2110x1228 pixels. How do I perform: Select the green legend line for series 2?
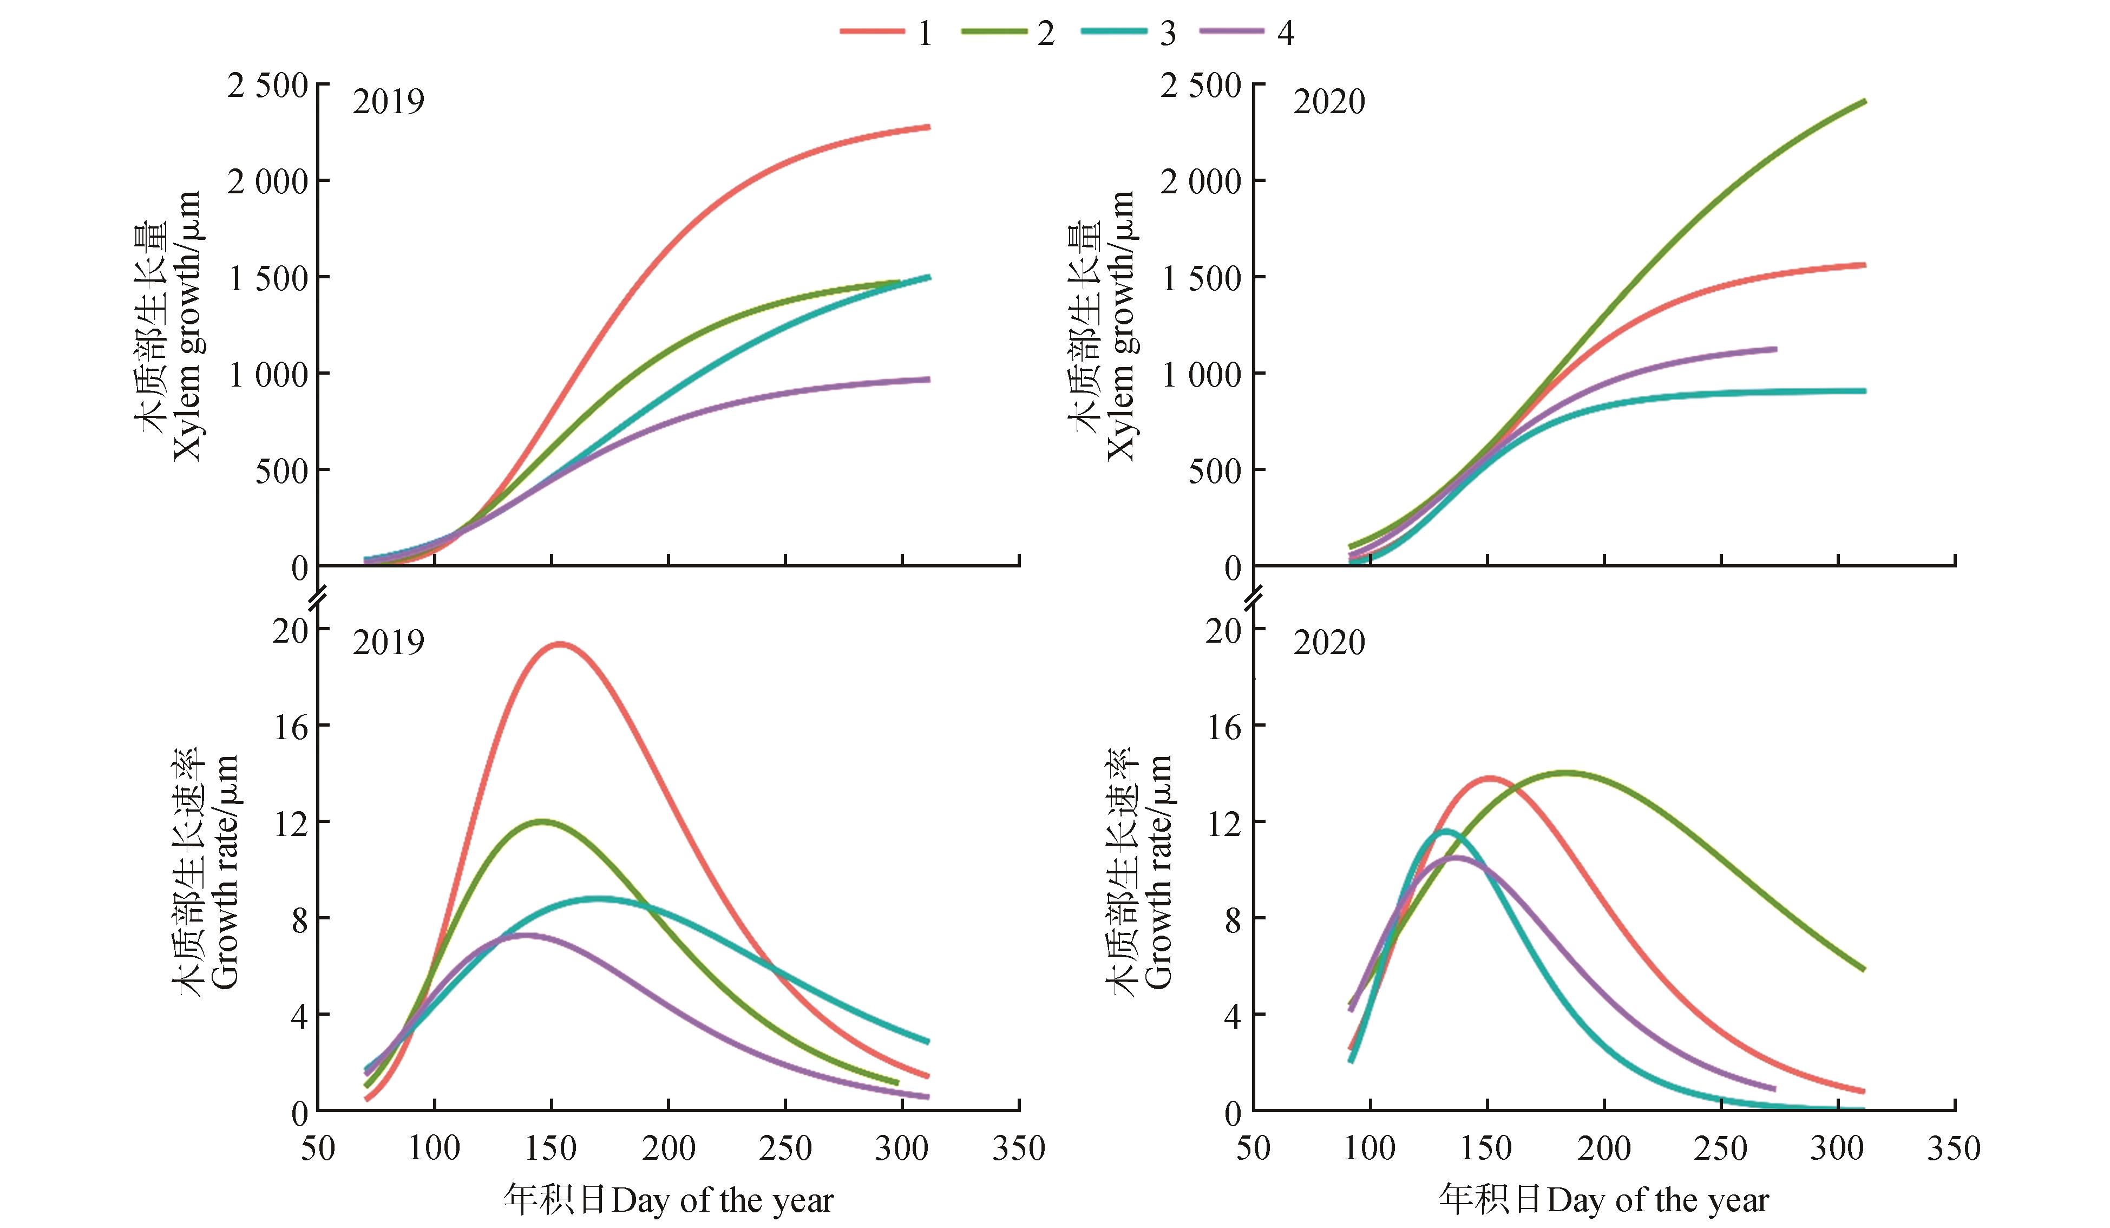(994, 32)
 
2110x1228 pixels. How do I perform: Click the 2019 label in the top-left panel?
(389, 101)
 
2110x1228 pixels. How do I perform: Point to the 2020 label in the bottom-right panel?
(1329, 643)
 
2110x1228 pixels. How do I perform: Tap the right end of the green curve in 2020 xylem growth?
(1865, 101)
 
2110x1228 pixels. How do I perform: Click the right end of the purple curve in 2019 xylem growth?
(928, 380)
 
